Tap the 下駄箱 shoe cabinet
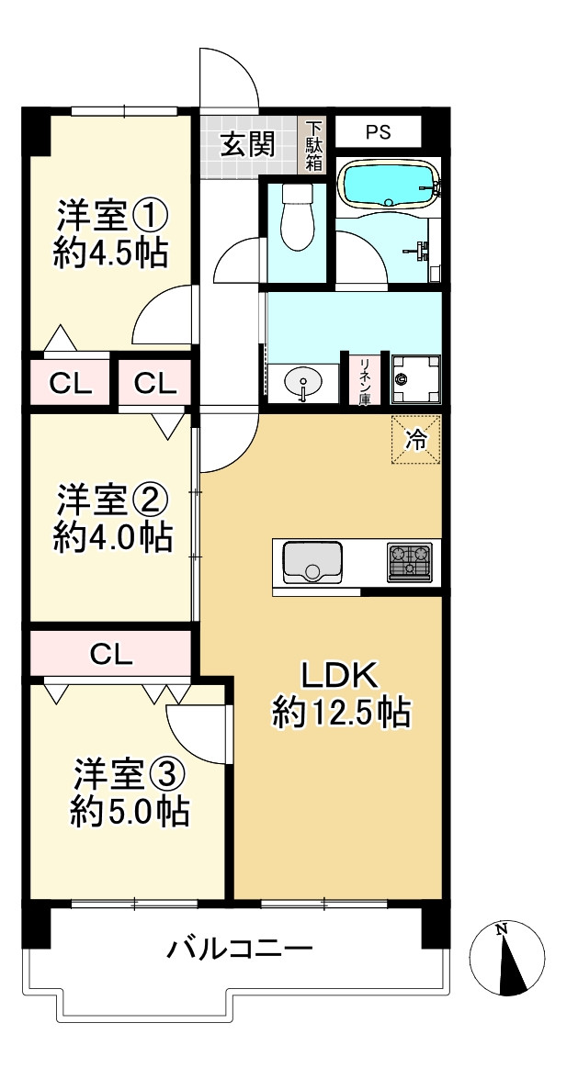314,144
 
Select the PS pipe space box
378,132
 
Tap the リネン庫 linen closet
365,379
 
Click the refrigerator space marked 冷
416,440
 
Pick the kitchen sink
312,562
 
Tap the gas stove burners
409,562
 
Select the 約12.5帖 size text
340,714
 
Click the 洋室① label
112,217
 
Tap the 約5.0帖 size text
130,811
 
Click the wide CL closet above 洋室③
112,655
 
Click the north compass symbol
507,958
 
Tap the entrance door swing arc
230,78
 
